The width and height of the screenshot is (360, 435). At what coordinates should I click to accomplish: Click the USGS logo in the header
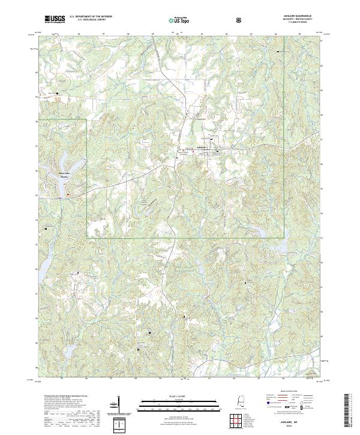click(55, 19)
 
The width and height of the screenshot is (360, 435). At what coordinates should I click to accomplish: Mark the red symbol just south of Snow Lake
click(68, 194)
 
